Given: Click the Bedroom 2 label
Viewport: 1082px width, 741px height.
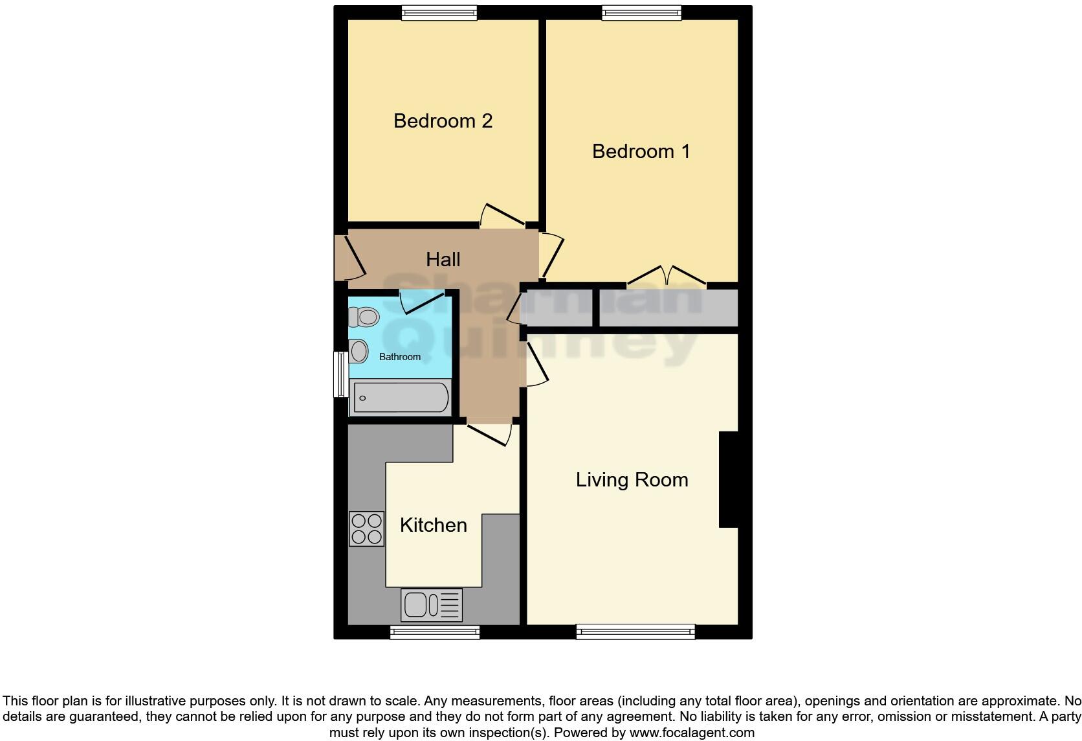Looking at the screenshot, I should [x=443, y=121].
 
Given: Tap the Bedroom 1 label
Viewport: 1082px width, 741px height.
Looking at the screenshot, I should [x=641, y=152].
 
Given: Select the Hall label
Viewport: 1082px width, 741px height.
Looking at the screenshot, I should [x=443, y=260].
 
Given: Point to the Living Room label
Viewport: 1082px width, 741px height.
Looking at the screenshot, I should [x=632, y=480].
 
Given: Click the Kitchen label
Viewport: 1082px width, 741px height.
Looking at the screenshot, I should [x=433, y=525].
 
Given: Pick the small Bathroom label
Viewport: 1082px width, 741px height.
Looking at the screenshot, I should [x=399, y=357].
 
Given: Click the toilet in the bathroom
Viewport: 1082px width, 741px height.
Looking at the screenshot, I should [x=364, y=317].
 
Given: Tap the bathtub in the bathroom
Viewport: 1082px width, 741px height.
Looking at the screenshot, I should [x=401, y=397].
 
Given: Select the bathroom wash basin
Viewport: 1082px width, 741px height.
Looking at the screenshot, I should [x=359, y=352].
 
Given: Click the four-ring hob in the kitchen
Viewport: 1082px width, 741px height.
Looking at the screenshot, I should [x=366, y=529].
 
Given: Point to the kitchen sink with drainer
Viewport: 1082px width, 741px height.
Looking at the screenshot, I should [x=432, y=605].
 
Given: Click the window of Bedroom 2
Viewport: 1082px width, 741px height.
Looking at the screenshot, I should [x=439, y=13].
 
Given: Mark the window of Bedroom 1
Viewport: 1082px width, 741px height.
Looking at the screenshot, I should [x=641, y=13].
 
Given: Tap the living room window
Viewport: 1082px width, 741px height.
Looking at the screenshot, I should [x=635, y=632].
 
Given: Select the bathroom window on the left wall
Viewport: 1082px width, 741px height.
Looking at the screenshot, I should [x=340, y=374].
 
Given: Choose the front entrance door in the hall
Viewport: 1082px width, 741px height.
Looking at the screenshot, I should [x=349, y=258].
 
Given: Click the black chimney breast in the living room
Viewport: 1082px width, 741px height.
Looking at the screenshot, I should [x=729, y=479].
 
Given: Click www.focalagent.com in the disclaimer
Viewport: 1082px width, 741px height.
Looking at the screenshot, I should [x=691, y=733].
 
